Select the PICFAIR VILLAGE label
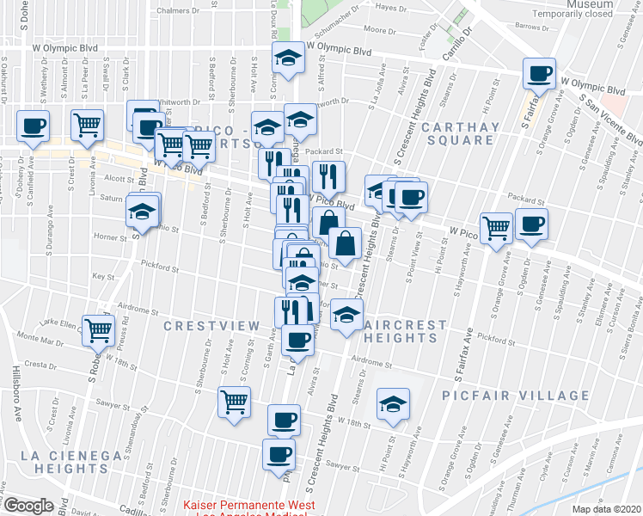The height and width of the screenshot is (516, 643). (516, 396)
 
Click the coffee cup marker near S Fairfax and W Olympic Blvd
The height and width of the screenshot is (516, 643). (539, 74)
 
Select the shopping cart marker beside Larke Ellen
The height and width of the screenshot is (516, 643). (100, 329)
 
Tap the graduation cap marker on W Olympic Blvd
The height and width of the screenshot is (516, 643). (287, 58)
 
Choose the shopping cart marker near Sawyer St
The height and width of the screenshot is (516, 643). (235, 402)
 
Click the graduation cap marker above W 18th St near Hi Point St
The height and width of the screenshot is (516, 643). (392, 404)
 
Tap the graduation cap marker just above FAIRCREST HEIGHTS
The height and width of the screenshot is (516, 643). (346, 316)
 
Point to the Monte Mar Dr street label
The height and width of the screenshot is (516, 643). (40, 341)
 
